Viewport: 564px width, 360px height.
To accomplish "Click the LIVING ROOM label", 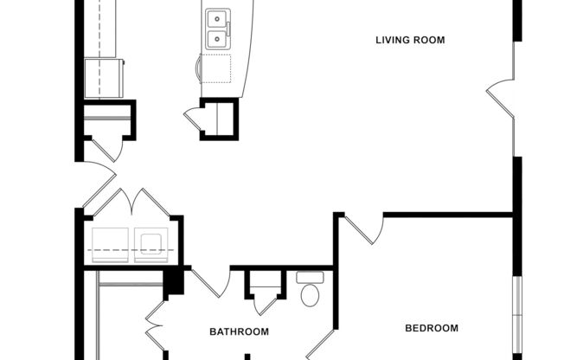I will [410, 40].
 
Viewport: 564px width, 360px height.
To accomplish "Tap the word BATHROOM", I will [239, 331].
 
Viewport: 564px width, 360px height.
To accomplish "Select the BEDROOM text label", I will [432, 328].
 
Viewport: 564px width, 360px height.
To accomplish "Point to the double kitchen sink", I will [216, 28].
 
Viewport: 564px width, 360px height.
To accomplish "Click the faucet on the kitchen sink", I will [228, 28].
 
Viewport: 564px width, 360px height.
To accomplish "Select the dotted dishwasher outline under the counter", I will [216, 67].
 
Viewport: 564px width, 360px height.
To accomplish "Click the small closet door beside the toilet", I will [266, 304].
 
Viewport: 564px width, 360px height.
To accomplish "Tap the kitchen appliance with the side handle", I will [108, 78].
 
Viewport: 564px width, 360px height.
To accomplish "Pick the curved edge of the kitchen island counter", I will [249, 52].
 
